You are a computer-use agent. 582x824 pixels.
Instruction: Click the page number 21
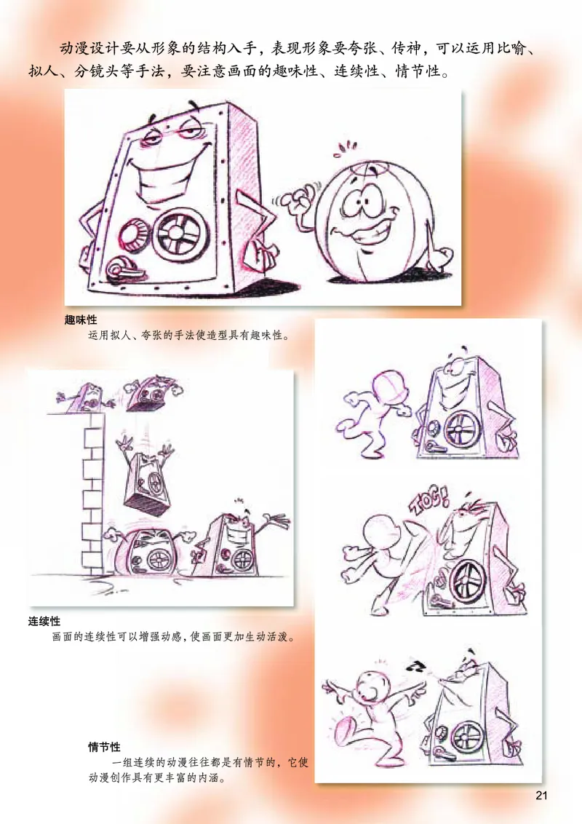point(541,795)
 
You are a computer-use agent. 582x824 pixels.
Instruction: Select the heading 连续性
point(44,621)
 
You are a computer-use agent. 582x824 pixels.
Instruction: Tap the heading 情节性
point(104,748)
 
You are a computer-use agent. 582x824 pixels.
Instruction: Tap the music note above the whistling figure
point(417,665)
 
